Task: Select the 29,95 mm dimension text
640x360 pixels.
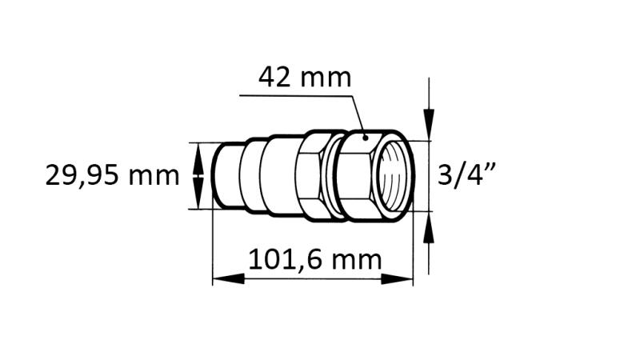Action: coord(112,174)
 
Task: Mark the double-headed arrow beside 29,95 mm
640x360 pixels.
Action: coord(198,175)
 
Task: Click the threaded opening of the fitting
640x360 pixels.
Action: coord(396,175)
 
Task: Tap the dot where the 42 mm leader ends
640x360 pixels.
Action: coord(366,137)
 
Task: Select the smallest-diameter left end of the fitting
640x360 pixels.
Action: coord(227,175)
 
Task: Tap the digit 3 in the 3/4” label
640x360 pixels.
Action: coord(446,174)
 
